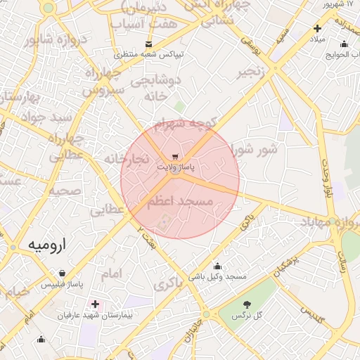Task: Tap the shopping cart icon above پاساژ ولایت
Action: coord(175,157)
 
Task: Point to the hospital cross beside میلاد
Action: coord(317,29)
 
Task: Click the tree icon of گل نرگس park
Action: coord(247,304)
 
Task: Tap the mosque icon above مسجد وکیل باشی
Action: coord(217,266)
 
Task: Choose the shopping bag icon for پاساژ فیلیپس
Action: coord(63,273)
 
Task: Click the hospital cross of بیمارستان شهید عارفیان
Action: coord(96,304)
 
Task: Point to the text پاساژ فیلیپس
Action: coord(61,285)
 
